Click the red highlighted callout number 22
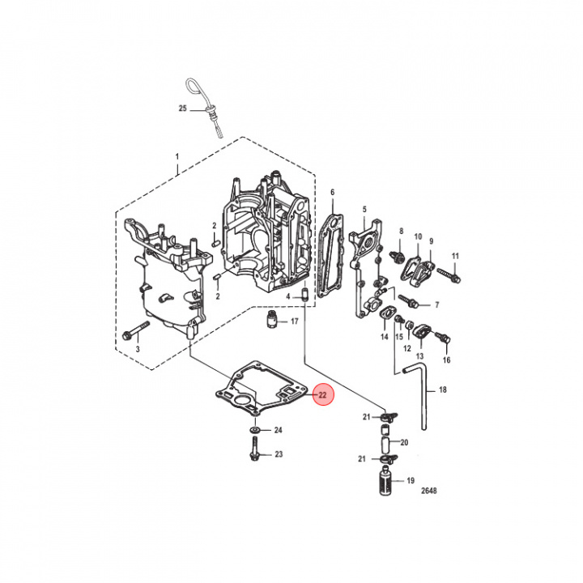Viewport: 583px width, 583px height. (x=321, y=396)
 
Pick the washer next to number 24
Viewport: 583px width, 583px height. (x=254, y=428)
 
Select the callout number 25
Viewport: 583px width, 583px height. (x=182, y=109)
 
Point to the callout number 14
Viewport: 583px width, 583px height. (x=384, y=335)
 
